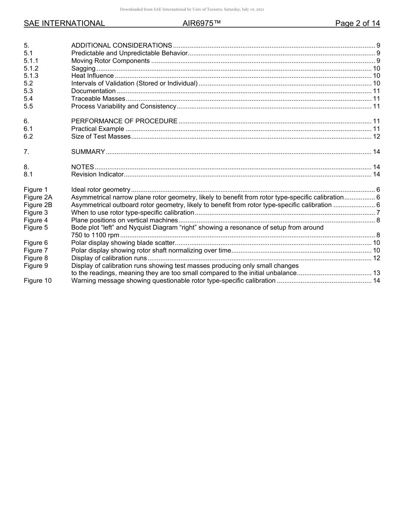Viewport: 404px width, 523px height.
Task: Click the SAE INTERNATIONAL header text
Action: coord(64,23)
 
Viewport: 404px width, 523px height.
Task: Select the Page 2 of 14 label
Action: coord(357,23)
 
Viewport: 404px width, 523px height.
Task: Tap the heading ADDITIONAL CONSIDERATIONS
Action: coord(122,45)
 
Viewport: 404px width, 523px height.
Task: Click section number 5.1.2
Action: coord(31,68)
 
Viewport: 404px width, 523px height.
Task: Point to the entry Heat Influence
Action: coord(92,76)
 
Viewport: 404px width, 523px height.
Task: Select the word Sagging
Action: coord(83,68)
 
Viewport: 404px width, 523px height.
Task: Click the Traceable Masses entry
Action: coord(98,99)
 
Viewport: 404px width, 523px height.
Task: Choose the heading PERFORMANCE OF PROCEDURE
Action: coord(124,121)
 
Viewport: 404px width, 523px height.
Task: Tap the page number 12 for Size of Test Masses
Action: coord(376,136)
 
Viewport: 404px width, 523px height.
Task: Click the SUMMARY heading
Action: coord(88,152)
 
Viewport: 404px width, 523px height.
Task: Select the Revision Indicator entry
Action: coord(97,174)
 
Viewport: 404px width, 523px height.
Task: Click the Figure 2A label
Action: coord(38,197)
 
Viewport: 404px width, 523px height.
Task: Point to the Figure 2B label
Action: coord(38,205)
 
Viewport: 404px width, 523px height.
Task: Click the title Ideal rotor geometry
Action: coord(101,190)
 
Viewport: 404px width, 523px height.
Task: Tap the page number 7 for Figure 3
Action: coord(378,213)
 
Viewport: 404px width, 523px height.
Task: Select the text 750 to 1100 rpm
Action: coord(95,235)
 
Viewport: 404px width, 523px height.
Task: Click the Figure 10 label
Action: coord(37,281)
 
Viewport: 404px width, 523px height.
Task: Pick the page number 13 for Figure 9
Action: coord(376,273)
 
